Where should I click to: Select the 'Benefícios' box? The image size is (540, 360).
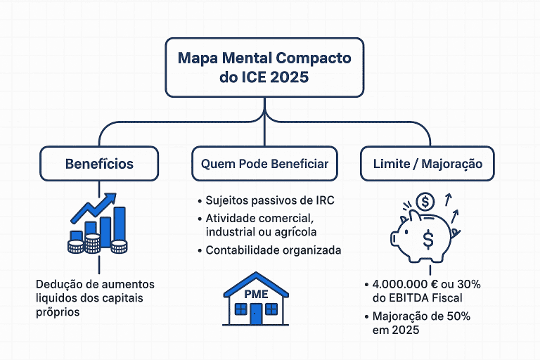click(99, 164)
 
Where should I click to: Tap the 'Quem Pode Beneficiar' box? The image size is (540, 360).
click(264, 164)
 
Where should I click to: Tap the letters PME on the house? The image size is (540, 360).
click(256, 293)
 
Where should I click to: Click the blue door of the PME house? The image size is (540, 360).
click(256, 314)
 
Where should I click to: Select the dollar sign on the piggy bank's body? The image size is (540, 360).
click(428, 240)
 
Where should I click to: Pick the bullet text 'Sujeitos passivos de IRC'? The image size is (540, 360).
click(269, 201)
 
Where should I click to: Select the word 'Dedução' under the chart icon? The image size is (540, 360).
click(58, 285)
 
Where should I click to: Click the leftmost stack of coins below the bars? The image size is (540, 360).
click(76, 246)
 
